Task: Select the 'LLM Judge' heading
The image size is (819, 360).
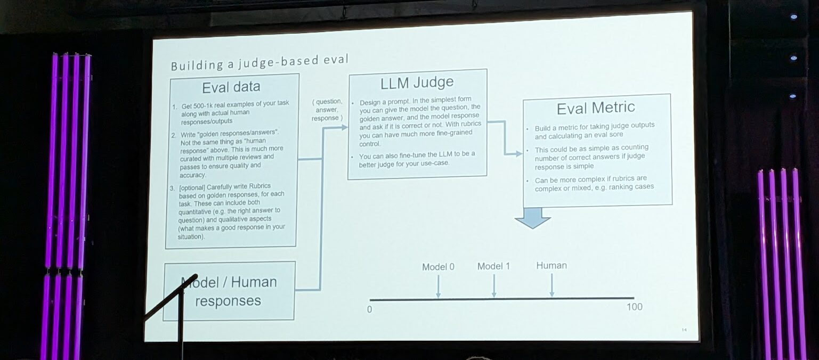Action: tap(417, 83)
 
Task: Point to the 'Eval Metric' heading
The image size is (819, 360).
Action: tap(596, 108)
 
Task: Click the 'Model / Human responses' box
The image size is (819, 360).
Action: tap(229, 291)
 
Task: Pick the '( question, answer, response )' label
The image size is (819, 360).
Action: tap(327, 109)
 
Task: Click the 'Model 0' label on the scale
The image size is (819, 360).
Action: tap(438, 267)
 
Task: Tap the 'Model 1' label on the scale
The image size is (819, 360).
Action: tap(493, 266)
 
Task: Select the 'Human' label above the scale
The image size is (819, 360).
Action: tap(552, 265)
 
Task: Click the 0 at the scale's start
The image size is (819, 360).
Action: tap(369, 309)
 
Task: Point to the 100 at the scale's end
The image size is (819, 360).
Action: tap(634, 307)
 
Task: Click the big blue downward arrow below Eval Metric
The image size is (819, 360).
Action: tap(532, 217)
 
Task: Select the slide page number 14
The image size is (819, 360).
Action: tap(684, 331)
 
